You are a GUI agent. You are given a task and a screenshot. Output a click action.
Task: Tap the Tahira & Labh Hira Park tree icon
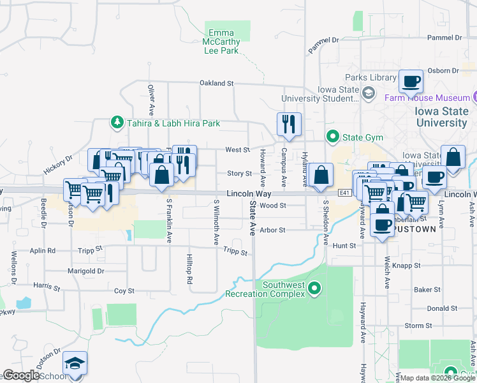coord(117,122)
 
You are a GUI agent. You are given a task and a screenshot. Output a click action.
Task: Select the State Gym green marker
coord(332,136)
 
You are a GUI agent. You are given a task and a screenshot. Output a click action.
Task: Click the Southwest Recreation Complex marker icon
coord(314,289)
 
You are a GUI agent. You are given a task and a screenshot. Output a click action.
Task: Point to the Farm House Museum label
coord(427,98)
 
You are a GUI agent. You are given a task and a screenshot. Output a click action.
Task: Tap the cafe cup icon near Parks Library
coord(411,81)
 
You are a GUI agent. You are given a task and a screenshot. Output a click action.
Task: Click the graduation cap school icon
coord(75,364)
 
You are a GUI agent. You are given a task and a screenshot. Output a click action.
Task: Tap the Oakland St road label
coord(217,83)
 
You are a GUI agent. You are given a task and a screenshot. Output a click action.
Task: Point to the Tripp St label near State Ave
coord(235,252)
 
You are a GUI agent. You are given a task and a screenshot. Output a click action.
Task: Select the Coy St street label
coord(124,291)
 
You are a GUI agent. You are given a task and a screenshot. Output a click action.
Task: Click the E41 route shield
coord(344,192)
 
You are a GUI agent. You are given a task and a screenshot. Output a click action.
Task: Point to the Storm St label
coord(418,326)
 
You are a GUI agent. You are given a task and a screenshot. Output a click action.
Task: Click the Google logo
coord(21,375)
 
